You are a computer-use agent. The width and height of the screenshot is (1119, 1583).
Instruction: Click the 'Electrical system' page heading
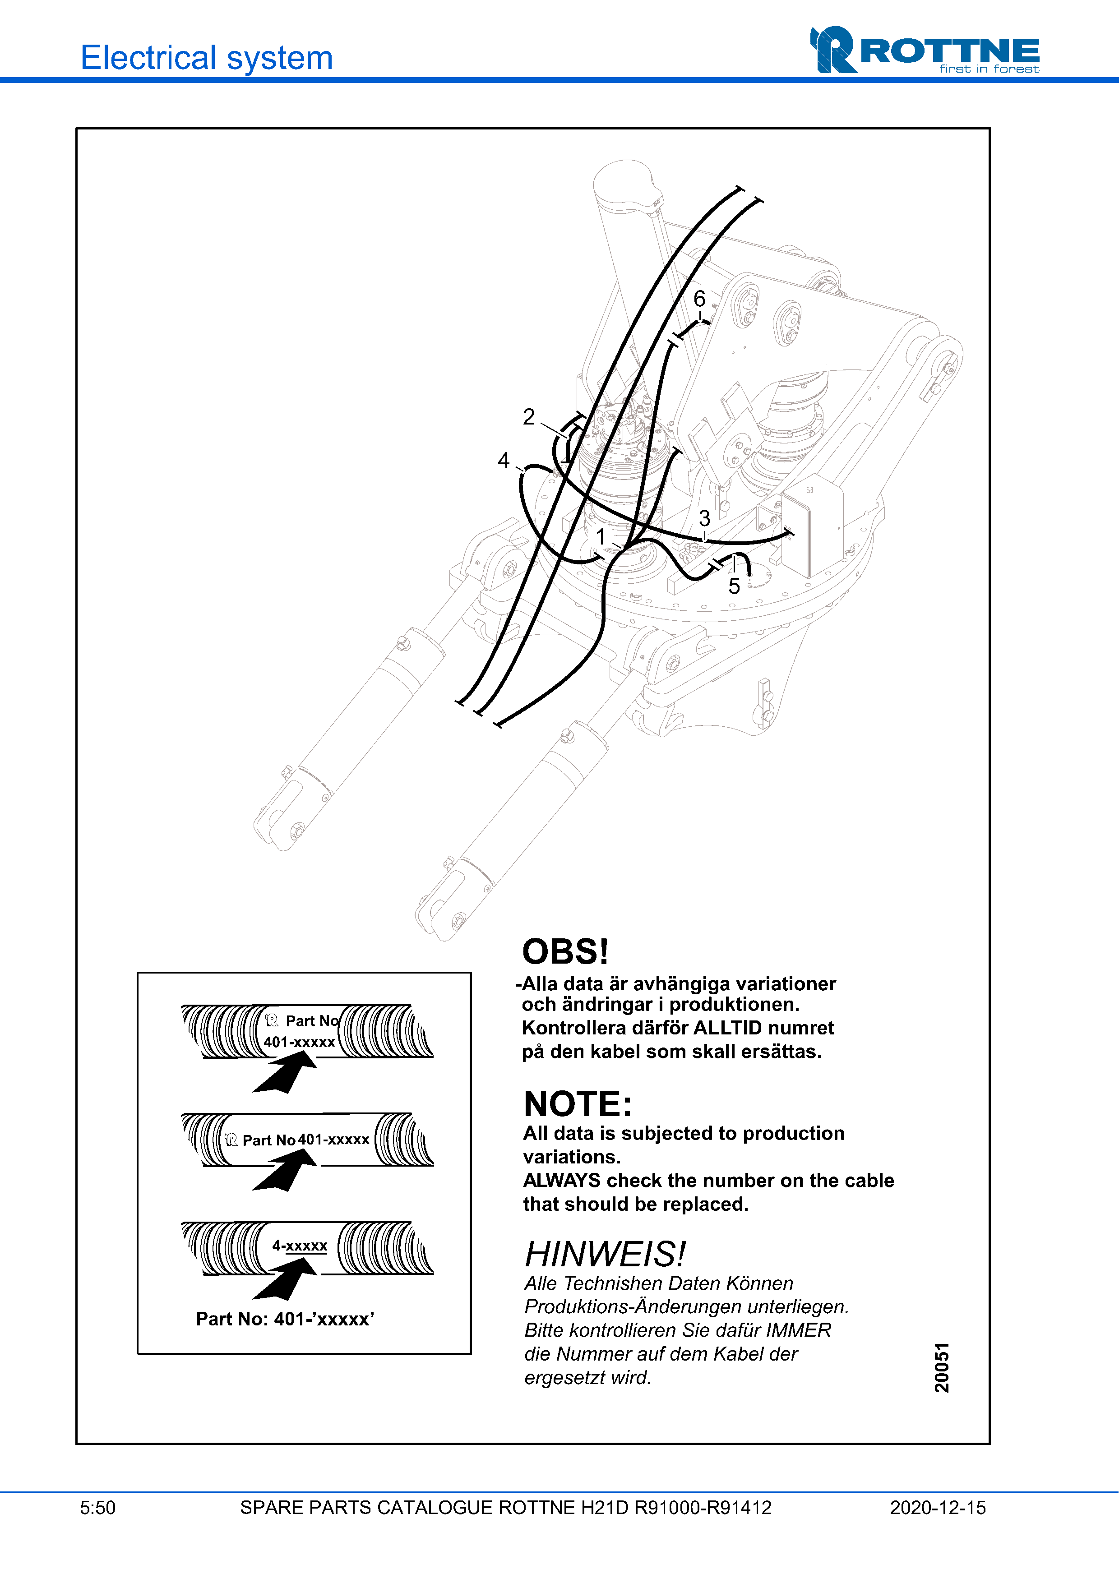click(207, 57)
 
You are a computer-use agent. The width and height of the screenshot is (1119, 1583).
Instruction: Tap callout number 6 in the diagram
click(699, 299)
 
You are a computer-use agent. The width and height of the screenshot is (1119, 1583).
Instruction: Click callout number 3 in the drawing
click(704, 518)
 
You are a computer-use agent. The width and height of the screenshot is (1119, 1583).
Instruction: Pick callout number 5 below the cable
click(734, 586)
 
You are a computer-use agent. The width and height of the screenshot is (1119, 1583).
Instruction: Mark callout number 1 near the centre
click(601, 536)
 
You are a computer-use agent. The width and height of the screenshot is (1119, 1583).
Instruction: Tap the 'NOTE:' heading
click(578, 1104)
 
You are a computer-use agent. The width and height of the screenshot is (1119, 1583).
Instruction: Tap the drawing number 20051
click(942, 1367)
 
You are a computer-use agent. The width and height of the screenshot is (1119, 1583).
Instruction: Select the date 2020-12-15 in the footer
click(938, 1508)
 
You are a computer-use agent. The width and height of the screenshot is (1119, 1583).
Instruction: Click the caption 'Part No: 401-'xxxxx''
click(285, 1319)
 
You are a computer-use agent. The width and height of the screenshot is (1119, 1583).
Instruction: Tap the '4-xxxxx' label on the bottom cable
click(299, 1245)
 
